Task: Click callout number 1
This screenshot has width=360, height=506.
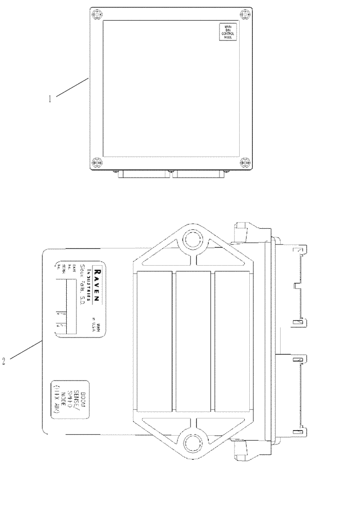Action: pyautogui.click(x=50, y=99)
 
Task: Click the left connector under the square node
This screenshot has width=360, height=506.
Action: pyautogui.click(x=144, y=175)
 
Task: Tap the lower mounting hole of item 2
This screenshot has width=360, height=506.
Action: pyautogui.click(x=192, y=443)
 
